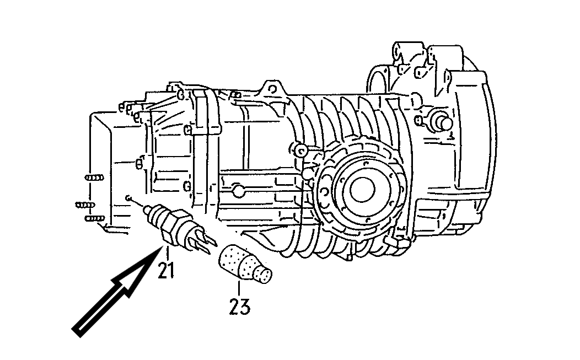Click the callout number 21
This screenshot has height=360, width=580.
click(166, 272)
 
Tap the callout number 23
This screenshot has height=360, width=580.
click(239, 307)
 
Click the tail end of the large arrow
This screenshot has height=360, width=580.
click(76, 331)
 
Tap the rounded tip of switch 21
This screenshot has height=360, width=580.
click(147, 210)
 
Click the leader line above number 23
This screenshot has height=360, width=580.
click(239, 288)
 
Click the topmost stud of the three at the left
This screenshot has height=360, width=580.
click(94, 178)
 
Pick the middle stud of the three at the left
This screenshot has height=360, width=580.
click(85, 205)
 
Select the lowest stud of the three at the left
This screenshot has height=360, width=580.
click(95, 218)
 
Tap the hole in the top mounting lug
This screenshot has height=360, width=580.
click(272, 89)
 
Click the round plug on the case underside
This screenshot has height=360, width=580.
click(239, 191)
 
